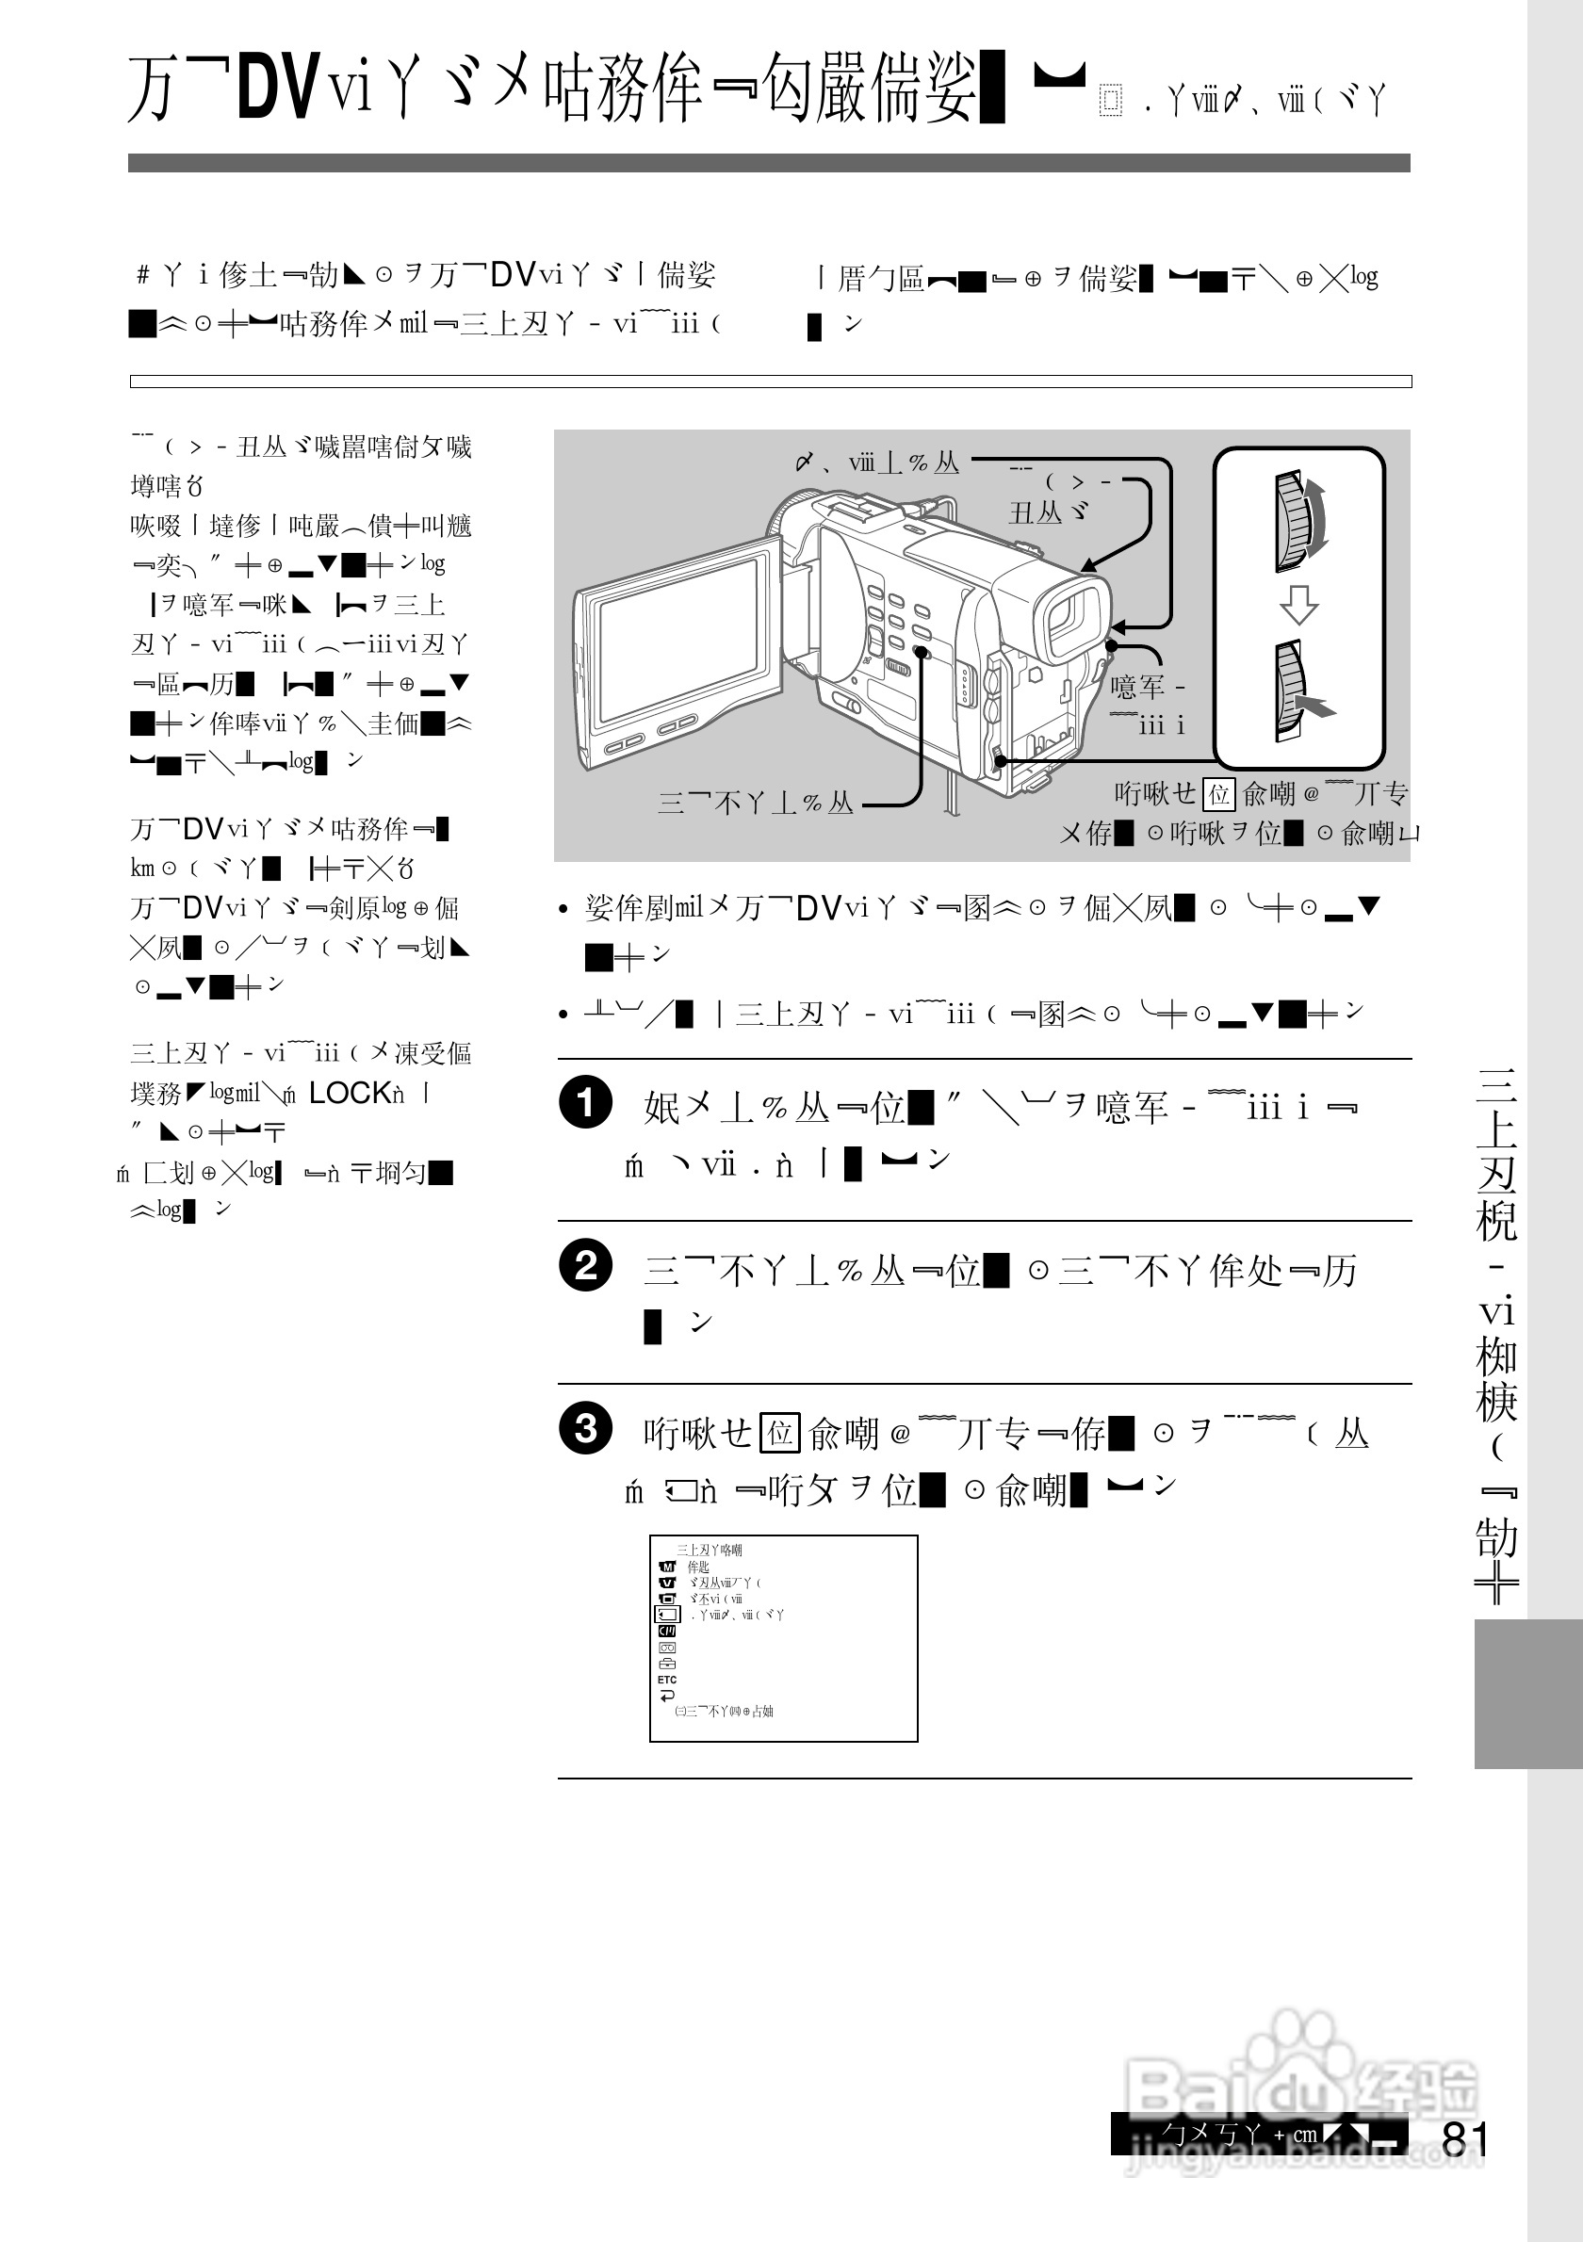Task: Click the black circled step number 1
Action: (x=585, y=1102)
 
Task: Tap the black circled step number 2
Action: (x=585, y=1265)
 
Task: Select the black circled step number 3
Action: (x=585, y=1429)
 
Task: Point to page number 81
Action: (x=1464, y=2139)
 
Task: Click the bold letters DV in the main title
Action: (x=278, y=88)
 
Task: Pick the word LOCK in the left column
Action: (x=350, y=1093)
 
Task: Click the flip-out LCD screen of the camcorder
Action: (x=679, y=643)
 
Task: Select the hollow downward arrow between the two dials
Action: (x=1298, y=605)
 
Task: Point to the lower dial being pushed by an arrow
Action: (x=1294, y=690)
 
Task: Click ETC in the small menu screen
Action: (x=667, y=1680)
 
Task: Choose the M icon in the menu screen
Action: (x=668, y=1567)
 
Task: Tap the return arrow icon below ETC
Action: (x=667, y=1696)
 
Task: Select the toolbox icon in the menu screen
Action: (x=667, y=1663)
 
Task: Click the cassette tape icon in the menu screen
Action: (x=667, y=1648)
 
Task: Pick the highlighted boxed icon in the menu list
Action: (x=667, y=1614)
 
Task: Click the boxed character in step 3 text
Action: (x=779, y=1434)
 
